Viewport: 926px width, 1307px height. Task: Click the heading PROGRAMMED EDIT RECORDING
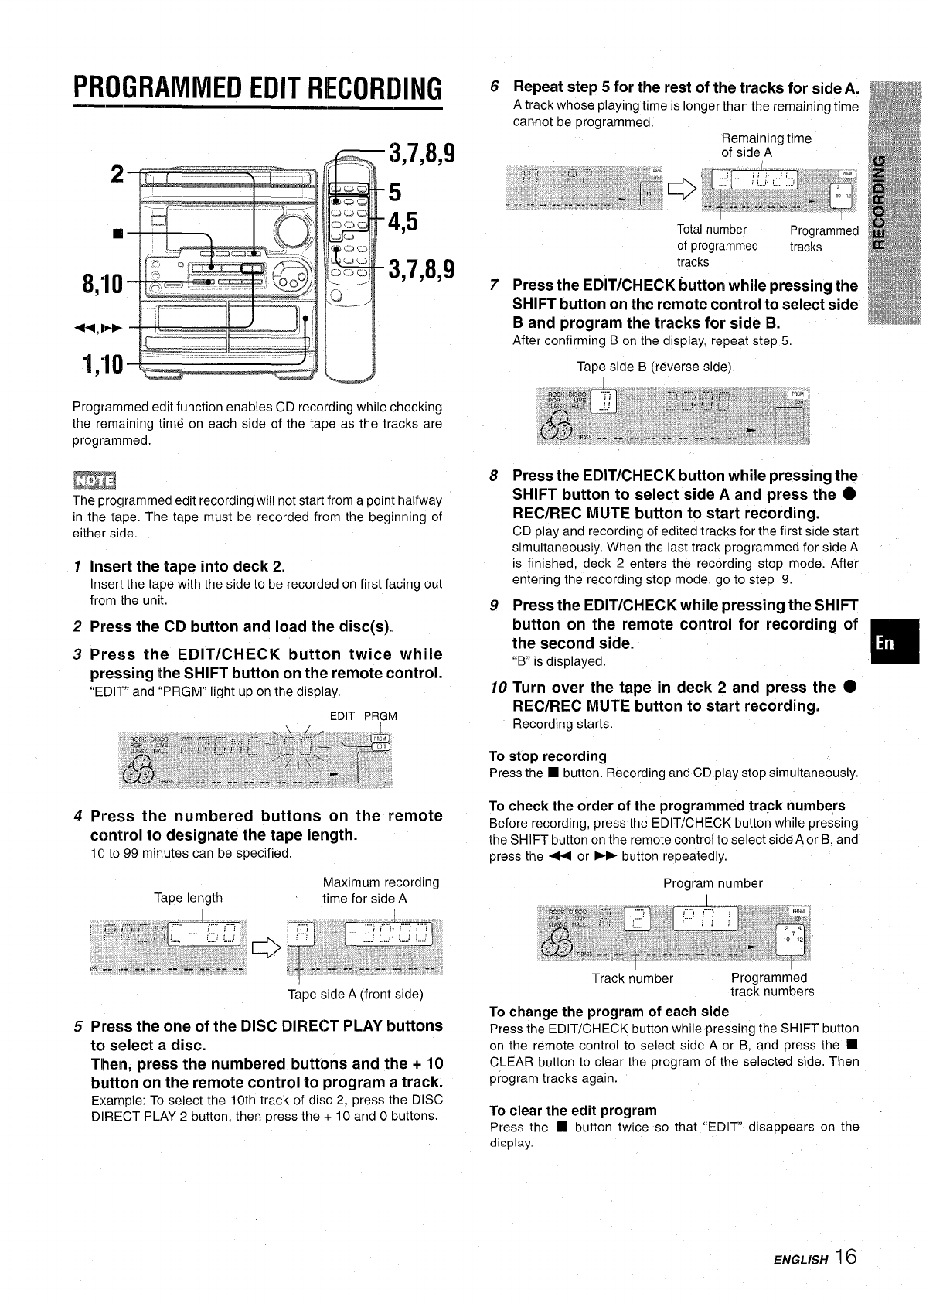(257, 89)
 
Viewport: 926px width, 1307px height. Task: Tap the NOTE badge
(93, 480)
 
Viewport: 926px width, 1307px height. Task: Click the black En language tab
(893, 641)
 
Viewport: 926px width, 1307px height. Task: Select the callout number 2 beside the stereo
(117, 174)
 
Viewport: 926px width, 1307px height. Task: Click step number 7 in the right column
(495, 285)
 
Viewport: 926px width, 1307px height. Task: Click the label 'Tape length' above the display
(188, 898)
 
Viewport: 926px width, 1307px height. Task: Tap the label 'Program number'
(712, 883)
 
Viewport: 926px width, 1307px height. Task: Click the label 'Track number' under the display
(632, 978)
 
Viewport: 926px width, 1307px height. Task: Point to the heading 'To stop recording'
(547, 756)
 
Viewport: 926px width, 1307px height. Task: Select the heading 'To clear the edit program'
(573, 1111)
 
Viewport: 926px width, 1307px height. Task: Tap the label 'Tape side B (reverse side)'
(654, 367)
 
